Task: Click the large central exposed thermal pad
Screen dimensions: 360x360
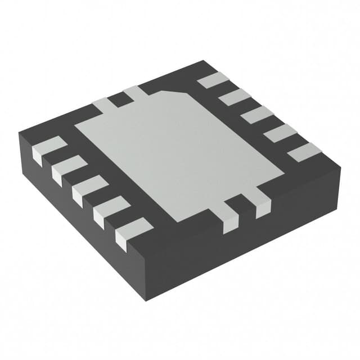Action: [180, 152]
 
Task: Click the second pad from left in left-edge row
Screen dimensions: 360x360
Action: [66, 169]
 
